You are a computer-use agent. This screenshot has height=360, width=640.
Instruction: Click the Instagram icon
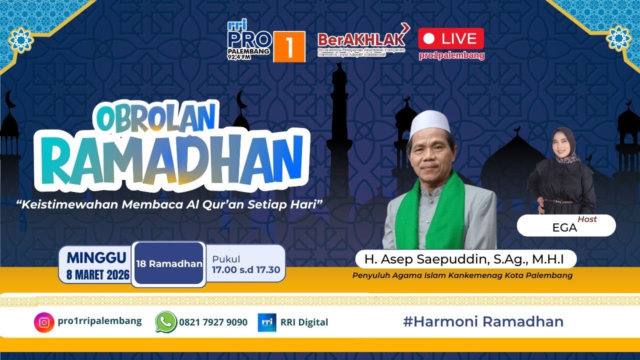pos(44,322)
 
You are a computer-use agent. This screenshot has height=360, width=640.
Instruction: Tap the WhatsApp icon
pos(165,322)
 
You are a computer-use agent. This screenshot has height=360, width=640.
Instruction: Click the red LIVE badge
pos(451,38)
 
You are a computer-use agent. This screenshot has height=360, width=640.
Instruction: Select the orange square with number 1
pos(289,46)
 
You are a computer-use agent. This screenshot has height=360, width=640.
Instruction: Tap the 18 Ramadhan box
pos(169,263)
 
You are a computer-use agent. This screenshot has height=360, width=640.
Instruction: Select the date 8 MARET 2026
pos(98,274)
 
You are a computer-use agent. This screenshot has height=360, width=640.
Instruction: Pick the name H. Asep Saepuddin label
pos(464,259)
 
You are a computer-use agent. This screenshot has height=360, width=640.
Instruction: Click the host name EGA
pos(564,227)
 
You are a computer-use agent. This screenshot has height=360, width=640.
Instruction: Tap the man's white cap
pos(429,122)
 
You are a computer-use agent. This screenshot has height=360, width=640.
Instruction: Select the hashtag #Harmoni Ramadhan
pos(483,321)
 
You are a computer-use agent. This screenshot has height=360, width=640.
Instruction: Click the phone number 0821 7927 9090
pos(213,322)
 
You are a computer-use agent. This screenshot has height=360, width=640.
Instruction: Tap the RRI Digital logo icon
pos(267,322)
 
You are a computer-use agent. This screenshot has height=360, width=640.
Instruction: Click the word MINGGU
pos(96,258)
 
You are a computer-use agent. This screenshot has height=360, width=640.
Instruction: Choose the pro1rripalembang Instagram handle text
pos(99,321)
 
